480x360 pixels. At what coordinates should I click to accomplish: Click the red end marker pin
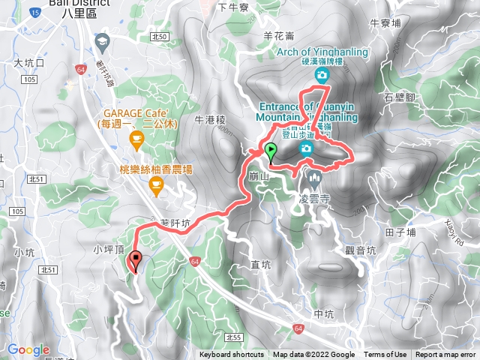click(136, 260)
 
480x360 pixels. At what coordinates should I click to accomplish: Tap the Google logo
click(28, 349)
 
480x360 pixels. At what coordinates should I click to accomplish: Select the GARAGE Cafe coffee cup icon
click(136, 137)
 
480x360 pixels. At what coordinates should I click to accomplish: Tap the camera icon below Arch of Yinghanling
click(322, 76)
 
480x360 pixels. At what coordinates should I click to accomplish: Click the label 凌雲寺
click(314, 201)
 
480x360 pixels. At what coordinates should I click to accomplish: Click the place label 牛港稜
click(210, 119)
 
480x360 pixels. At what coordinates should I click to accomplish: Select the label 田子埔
click(400, 232)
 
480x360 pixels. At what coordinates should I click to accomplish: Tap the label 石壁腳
click(399, 97)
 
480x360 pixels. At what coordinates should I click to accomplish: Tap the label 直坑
click(260, 264)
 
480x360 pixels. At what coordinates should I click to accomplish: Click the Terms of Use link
click(385, 355)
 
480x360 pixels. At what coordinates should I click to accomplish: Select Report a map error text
click(445, 355)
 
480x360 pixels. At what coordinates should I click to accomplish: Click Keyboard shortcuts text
click(232, 355)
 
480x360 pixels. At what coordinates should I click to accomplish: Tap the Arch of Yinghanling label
click(323, 51)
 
